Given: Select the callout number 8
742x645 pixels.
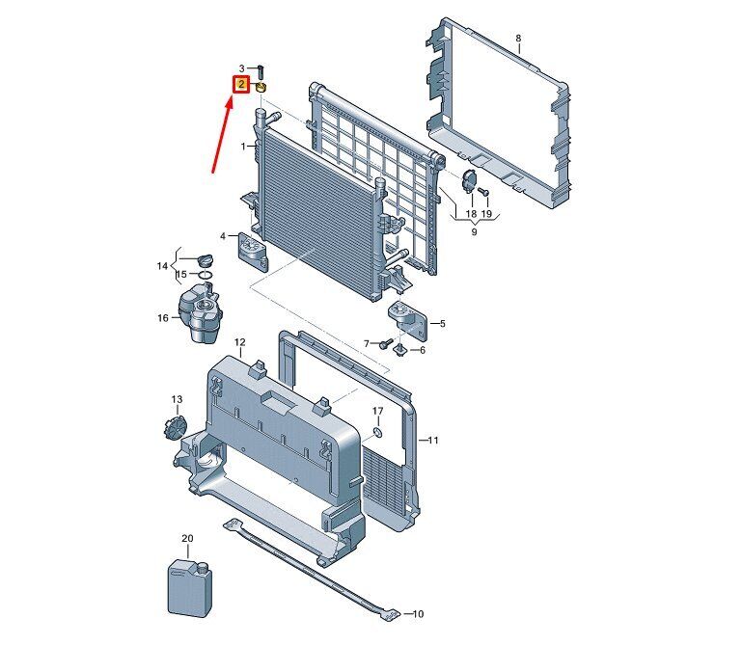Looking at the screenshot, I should coord(518,39).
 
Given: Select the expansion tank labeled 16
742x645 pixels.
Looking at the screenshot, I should coord(198,315).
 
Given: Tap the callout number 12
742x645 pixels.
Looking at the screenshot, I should coord(240,342).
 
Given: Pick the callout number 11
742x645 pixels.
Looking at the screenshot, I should coord(433,441).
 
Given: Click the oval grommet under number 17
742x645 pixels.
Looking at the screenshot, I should coord(378,432).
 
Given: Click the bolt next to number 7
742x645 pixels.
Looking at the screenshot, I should coord(385,342).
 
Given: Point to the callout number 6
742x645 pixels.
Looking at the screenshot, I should coord(422,349).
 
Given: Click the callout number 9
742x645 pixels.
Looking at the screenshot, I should coord(474,231).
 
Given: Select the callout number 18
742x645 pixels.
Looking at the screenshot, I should coord(471,213).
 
